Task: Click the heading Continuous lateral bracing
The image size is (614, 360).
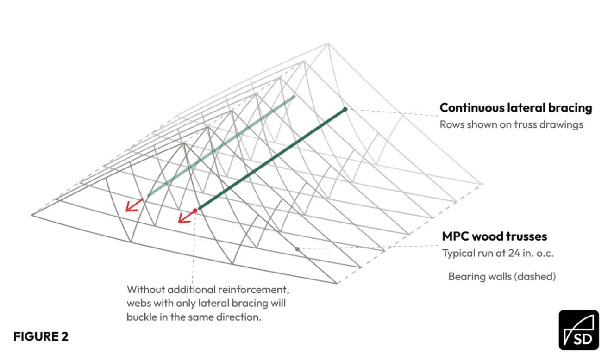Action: coord(516,108)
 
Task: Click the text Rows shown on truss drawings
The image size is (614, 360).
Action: coord(511,124)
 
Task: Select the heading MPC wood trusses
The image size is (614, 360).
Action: coord(495,236)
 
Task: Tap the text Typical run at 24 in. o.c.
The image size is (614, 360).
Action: coord(498,253)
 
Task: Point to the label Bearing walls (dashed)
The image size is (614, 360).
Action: coord(502,276)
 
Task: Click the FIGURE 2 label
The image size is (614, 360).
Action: coord(41,336)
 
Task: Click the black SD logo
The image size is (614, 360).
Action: coord(579,330)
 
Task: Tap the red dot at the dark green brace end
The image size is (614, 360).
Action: coord(195,211)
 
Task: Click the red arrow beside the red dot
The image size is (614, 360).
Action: coord(187,217)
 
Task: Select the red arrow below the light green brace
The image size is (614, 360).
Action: coord(134,205)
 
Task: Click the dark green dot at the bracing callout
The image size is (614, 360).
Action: coord(345,109)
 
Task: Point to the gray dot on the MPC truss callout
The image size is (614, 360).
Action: coord(297,249)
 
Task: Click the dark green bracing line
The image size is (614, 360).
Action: coord(272,159)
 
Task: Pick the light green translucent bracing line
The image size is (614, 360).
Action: coord(221,146)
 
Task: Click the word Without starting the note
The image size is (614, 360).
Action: coord(145,290)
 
